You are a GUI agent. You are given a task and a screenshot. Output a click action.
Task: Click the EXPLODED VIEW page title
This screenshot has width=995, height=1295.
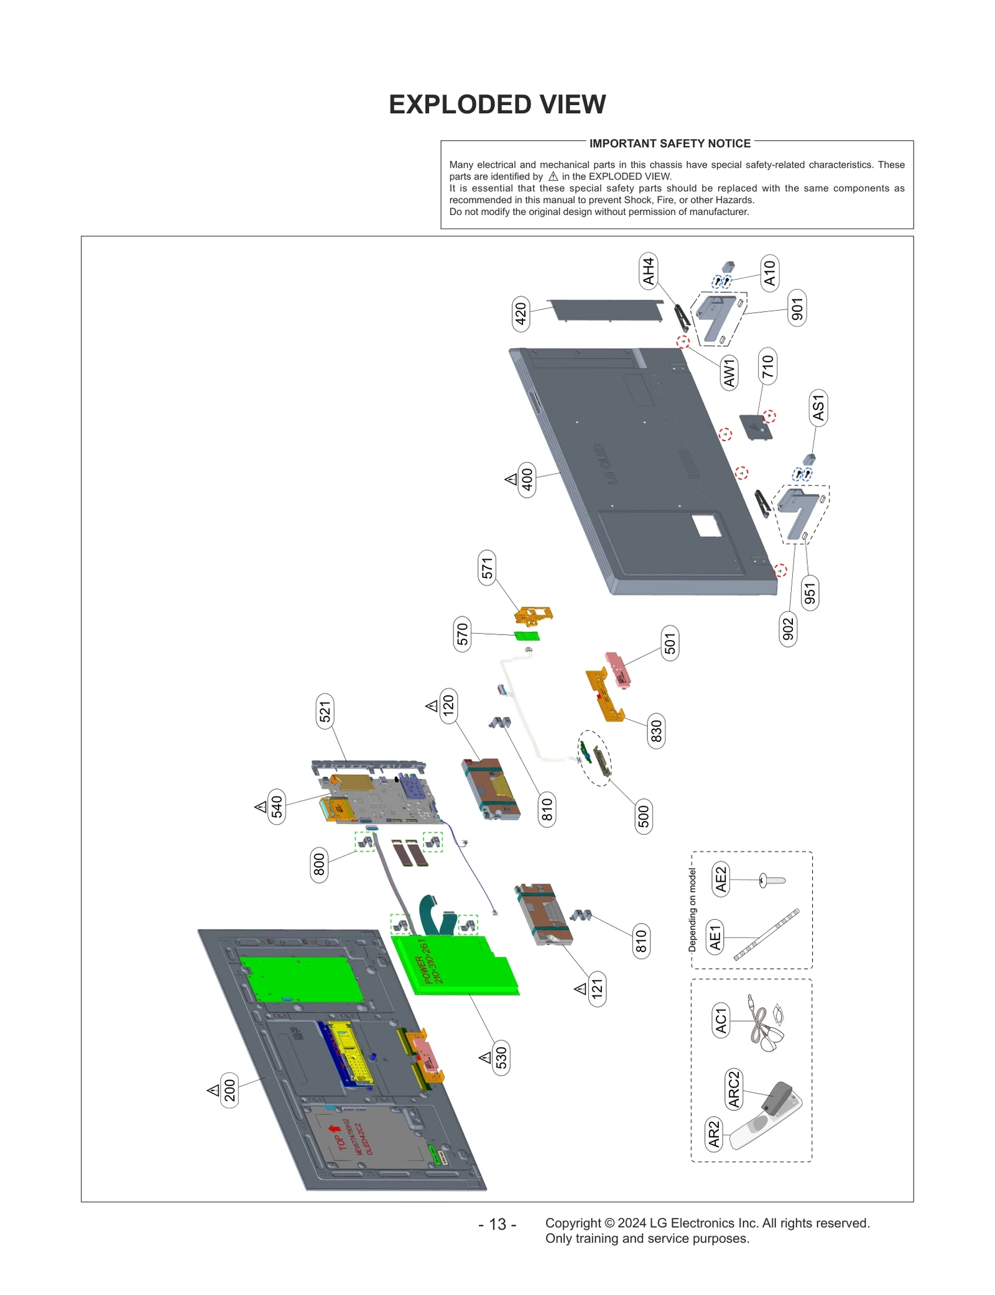coord(497,104)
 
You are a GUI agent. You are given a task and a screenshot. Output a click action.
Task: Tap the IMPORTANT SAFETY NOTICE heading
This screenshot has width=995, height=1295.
coord(669,144)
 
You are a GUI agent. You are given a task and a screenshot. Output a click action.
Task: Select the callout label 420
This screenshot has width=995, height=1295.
coord(521,313)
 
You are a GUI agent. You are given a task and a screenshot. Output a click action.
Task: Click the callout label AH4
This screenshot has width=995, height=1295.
coord(648,272)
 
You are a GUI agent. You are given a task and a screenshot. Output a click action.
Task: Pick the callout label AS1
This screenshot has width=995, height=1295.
coord(818,408)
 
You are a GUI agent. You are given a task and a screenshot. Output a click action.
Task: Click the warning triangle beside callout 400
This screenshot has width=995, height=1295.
coord(511,479)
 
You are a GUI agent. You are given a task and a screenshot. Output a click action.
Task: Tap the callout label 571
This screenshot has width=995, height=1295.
coord(487,567)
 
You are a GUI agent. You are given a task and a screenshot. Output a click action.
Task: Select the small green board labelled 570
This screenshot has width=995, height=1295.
coord(527,636)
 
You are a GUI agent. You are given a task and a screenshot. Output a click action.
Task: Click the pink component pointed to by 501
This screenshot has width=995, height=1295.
coord(618,669)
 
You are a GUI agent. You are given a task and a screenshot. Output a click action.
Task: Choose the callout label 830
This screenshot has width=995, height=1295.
coord(655,730)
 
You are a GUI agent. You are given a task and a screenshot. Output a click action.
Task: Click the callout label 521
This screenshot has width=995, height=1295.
coord(325,711)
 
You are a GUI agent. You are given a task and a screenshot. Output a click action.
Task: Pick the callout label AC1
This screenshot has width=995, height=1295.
coord(720,1021)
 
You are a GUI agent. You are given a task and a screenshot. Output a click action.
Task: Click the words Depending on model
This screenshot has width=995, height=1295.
coord(692,909)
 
